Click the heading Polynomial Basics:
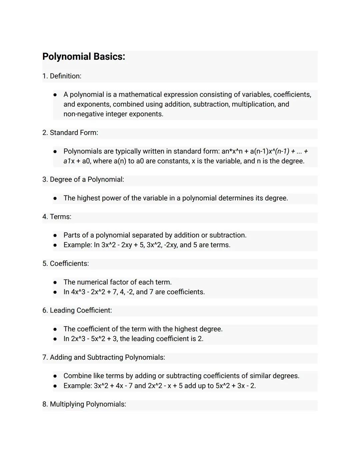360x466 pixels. [x=84, y=57]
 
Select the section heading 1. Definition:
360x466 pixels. [x=62, y=76]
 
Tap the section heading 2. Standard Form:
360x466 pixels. [x=70, y=133]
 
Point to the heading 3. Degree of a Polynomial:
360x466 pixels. [x=83, y=179]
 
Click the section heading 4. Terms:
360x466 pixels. [x=57, y=217]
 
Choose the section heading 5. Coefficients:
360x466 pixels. [x=65, y=264]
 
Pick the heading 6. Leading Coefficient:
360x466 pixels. [x=77, y=311]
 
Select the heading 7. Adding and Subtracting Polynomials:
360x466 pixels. [x=103, y=358]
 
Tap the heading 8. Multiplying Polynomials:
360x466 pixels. [x=84, y=404]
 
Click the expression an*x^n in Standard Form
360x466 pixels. [x=232, y=151]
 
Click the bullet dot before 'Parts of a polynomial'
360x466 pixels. [x=55, y=236]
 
